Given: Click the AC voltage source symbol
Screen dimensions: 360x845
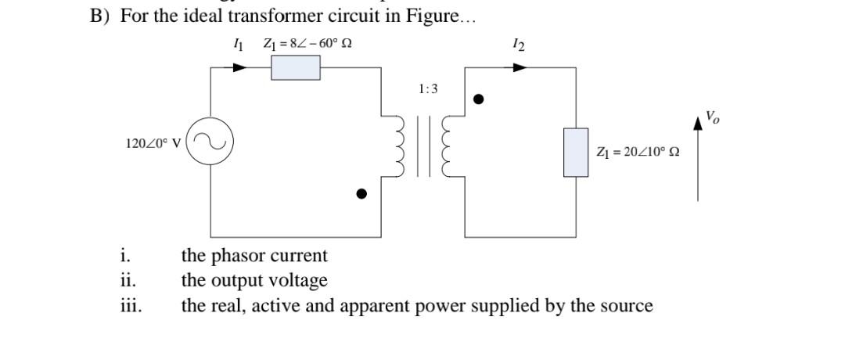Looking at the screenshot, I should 209,143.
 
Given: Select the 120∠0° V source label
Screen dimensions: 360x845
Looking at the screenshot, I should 153,143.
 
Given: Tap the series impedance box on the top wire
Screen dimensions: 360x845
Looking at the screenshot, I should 295,68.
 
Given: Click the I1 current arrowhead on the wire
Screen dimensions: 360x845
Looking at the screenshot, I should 241,68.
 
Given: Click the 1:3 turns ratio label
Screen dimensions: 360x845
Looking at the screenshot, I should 428,89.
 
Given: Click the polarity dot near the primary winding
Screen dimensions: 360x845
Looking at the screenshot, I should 361,194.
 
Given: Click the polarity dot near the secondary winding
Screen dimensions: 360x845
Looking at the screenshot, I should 480,99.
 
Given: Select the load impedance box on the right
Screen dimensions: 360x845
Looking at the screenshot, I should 576,152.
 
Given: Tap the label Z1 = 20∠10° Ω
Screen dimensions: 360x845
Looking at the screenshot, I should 637,152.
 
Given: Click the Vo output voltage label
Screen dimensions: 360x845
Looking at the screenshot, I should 712,117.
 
